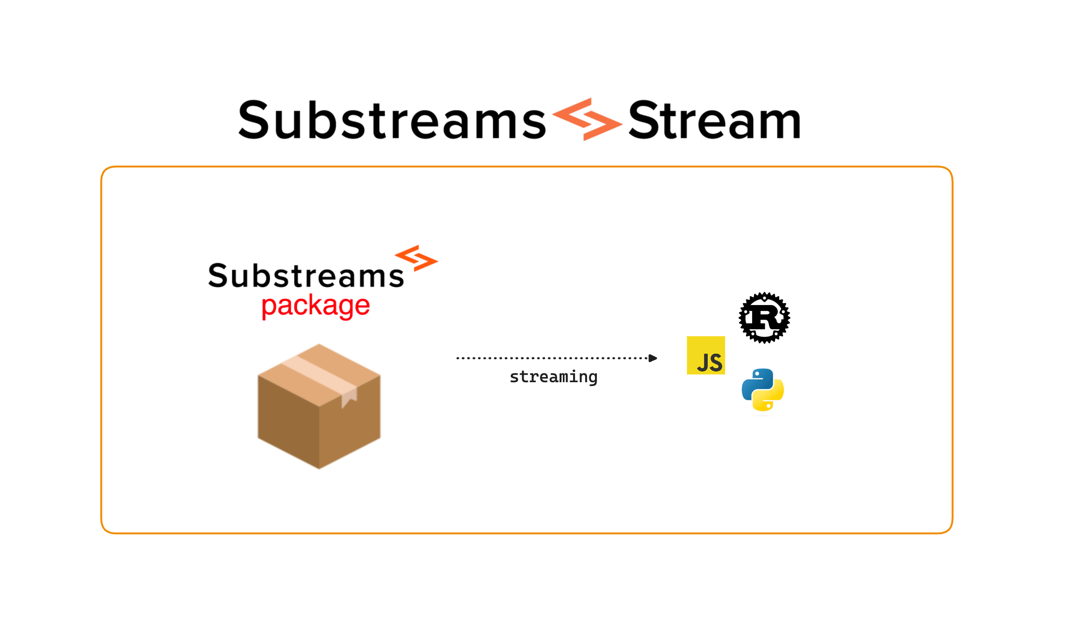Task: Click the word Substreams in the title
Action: point(392,121)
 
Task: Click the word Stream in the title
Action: point(714,121)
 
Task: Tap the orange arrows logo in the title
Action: point(587,119)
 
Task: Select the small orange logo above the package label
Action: point(416,258)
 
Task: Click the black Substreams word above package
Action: point(306,276)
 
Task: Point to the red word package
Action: point(316,306)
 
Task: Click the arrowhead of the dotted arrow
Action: point(653,358)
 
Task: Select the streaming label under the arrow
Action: point(553,377)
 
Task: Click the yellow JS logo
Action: point(706,356)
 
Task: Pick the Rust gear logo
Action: point(764,318)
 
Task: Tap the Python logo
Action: point(763,390)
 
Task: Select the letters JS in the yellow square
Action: point(710,363)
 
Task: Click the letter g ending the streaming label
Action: point(592,378)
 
